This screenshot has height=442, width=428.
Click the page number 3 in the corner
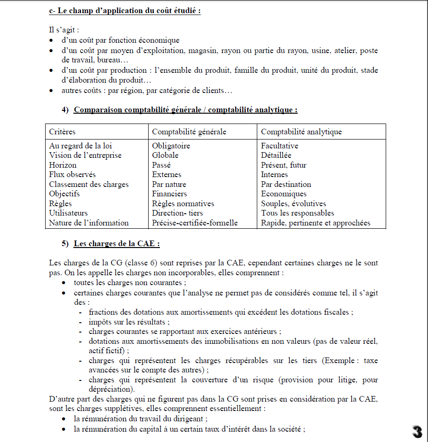[x=417, y=432]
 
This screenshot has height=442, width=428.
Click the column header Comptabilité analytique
[x=301, y=132]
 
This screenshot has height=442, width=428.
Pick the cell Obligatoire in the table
[x=171, y=146]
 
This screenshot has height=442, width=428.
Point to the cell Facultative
[x=279, y=146]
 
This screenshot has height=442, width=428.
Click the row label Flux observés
[x=72, y=174]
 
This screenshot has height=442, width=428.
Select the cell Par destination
[x=286, y=184]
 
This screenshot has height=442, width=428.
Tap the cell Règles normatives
[x=183, y=203]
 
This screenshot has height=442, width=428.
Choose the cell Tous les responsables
[x=298, y=213]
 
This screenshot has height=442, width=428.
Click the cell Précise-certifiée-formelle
[x=195, y=223]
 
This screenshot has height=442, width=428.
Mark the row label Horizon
[x=63, y=165]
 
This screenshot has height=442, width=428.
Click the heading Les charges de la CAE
[x=117, y=244]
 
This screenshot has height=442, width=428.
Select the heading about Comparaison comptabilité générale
[x=185, y=110]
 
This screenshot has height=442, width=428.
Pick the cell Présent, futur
[x=284, y=165]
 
